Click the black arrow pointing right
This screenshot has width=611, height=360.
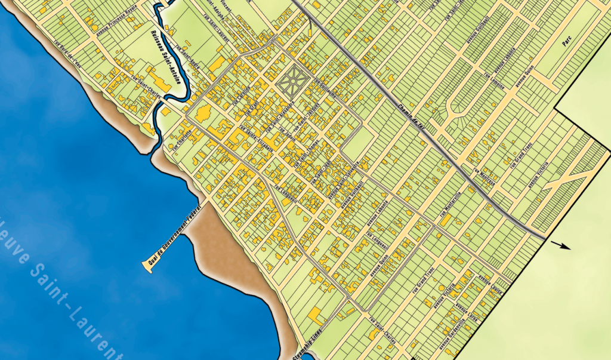(x=560, y=245)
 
